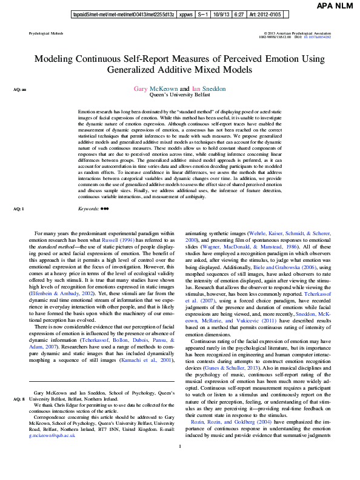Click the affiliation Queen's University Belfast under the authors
[x=179, y=96]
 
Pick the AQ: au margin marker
[x=19, y=90]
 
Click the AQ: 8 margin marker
[x=18, y=382]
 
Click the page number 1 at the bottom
[x=180, y=464]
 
